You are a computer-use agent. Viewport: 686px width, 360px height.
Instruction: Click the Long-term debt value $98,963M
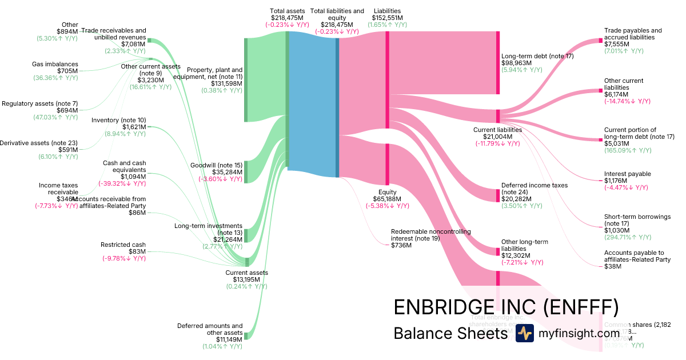(516, 63)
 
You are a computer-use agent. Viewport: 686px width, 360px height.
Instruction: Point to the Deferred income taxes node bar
(497, 195)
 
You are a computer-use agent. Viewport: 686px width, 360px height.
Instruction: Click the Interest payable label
(627, 174)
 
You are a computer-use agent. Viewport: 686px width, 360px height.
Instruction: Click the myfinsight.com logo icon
(525, 333)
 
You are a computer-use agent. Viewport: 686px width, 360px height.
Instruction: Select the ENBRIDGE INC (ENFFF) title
(506, 307)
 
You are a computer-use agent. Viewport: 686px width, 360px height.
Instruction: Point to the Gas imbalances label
(55, 64)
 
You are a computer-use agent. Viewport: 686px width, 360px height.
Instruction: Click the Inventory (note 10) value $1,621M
(134, 127)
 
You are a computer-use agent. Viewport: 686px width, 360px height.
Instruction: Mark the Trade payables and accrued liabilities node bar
(600, 41)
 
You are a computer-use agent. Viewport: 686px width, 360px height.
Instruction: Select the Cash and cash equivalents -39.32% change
(122, 183)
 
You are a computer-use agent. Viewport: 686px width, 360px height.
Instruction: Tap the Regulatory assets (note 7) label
(39, 103)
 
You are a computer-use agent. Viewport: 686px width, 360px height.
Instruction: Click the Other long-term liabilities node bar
(497, 251)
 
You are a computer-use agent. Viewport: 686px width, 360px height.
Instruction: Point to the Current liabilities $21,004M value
(497, 137)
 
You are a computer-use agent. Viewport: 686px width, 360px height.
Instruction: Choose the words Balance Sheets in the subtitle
(450, 333)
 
